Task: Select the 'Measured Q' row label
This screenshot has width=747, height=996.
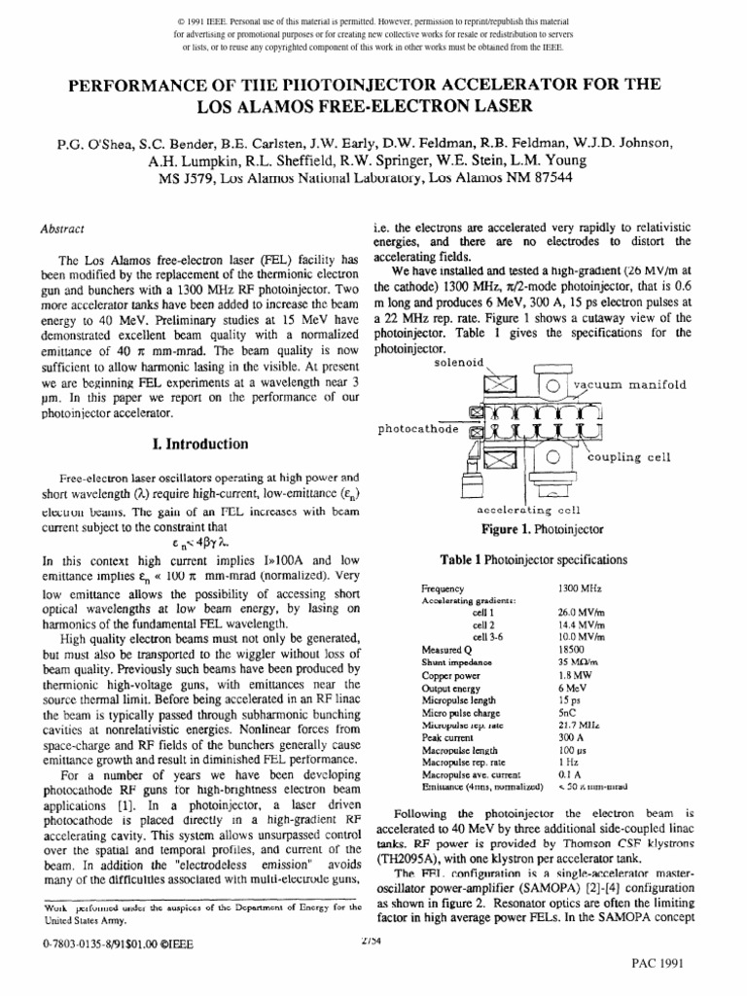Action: coord(448,649)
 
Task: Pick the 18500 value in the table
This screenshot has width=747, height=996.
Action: coord(571,649)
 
